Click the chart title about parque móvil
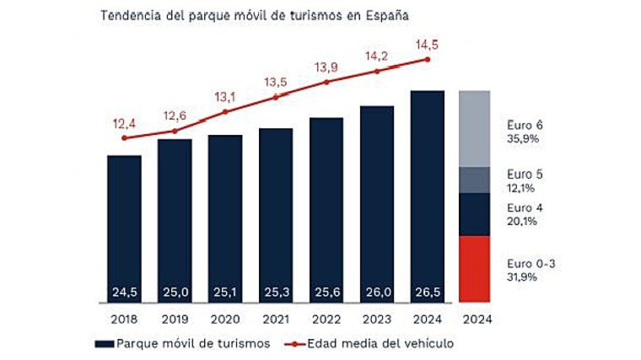(252, 16)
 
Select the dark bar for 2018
(124, 228)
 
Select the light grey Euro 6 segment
(475, 128)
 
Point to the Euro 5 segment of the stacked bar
(475, 180)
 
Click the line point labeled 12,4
(124, 137)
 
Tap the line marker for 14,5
(428, 59)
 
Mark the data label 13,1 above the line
(225, 95)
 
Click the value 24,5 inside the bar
(124, 292)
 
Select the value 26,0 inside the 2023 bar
(377, 292)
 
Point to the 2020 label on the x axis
(225, 320)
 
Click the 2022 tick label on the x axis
(326, 320)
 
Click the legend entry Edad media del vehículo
(367, 343)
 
